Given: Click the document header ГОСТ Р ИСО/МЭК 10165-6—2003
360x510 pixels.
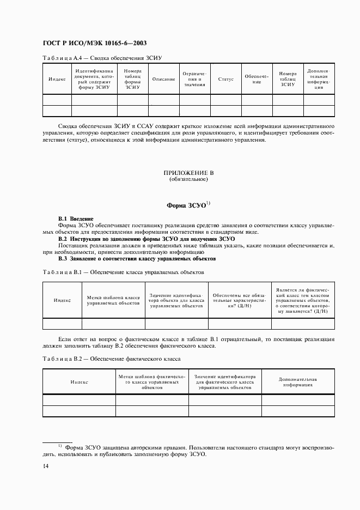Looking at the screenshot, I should tap(93, 43).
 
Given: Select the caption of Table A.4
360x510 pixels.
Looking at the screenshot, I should tap(103, 57).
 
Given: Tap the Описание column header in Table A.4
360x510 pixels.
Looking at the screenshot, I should tap(163, 80).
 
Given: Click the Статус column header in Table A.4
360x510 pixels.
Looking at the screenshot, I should tap(225, 80).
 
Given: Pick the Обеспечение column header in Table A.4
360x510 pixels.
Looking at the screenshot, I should tap(257, 79).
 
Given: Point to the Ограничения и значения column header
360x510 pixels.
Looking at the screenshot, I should tap(194, 79).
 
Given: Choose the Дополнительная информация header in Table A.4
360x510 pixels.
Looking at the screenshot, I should tap(319, 79).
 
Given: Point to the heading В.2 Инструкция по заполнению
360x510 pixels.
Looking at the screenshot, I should tap(147, 239).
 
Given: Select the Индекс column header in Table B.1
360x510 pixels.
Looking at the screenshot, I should tap(62, 300).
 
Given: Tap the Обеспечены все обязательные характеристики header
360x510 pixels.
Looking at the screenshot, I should tap(239, 300).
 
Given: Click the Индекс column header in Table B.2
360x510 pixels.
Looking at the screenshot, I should tap(79, 382).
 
